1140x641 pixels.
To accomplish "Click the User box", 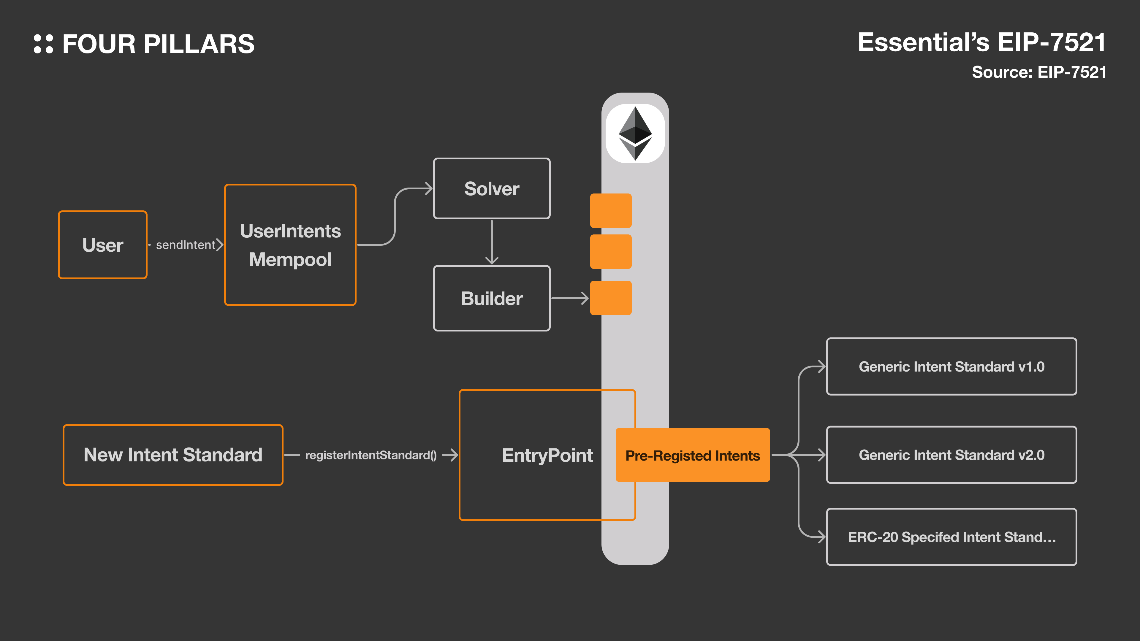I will click(103, 245).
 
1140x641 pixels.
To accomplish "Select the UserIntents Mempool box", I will click(290, 245).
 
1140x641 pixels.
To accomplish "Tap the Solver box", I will click(492, 188).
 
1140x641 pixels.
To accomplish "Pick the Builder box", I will click(492, 298).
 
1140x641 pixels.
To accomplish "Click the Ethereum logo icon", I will click(635, 133).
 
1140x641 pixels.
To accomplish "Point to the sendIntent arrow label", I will click(186, 245).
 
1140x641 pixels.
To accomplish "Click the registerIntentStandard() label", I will click(371, 455).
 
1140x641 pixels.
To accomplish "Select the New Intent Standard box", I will click(173, 455).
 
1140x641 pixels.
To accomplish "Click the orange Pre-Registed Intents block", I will click(693, 455).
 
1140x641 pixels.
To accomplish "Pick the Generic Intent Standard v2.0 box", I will click(951, 455).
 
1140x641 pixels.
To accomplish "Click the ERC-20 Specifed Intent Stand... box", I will click(951, 537).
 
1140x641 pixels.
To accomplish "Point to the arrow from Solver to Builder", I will click(492, 242).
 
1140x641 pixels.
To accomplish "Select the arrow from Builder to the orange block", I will click(570, 298).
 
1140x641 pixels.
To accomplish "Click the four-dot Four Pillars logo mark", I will click(43, 44).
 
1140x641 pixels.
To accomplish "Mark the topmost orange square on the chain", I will click(611, 211).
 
